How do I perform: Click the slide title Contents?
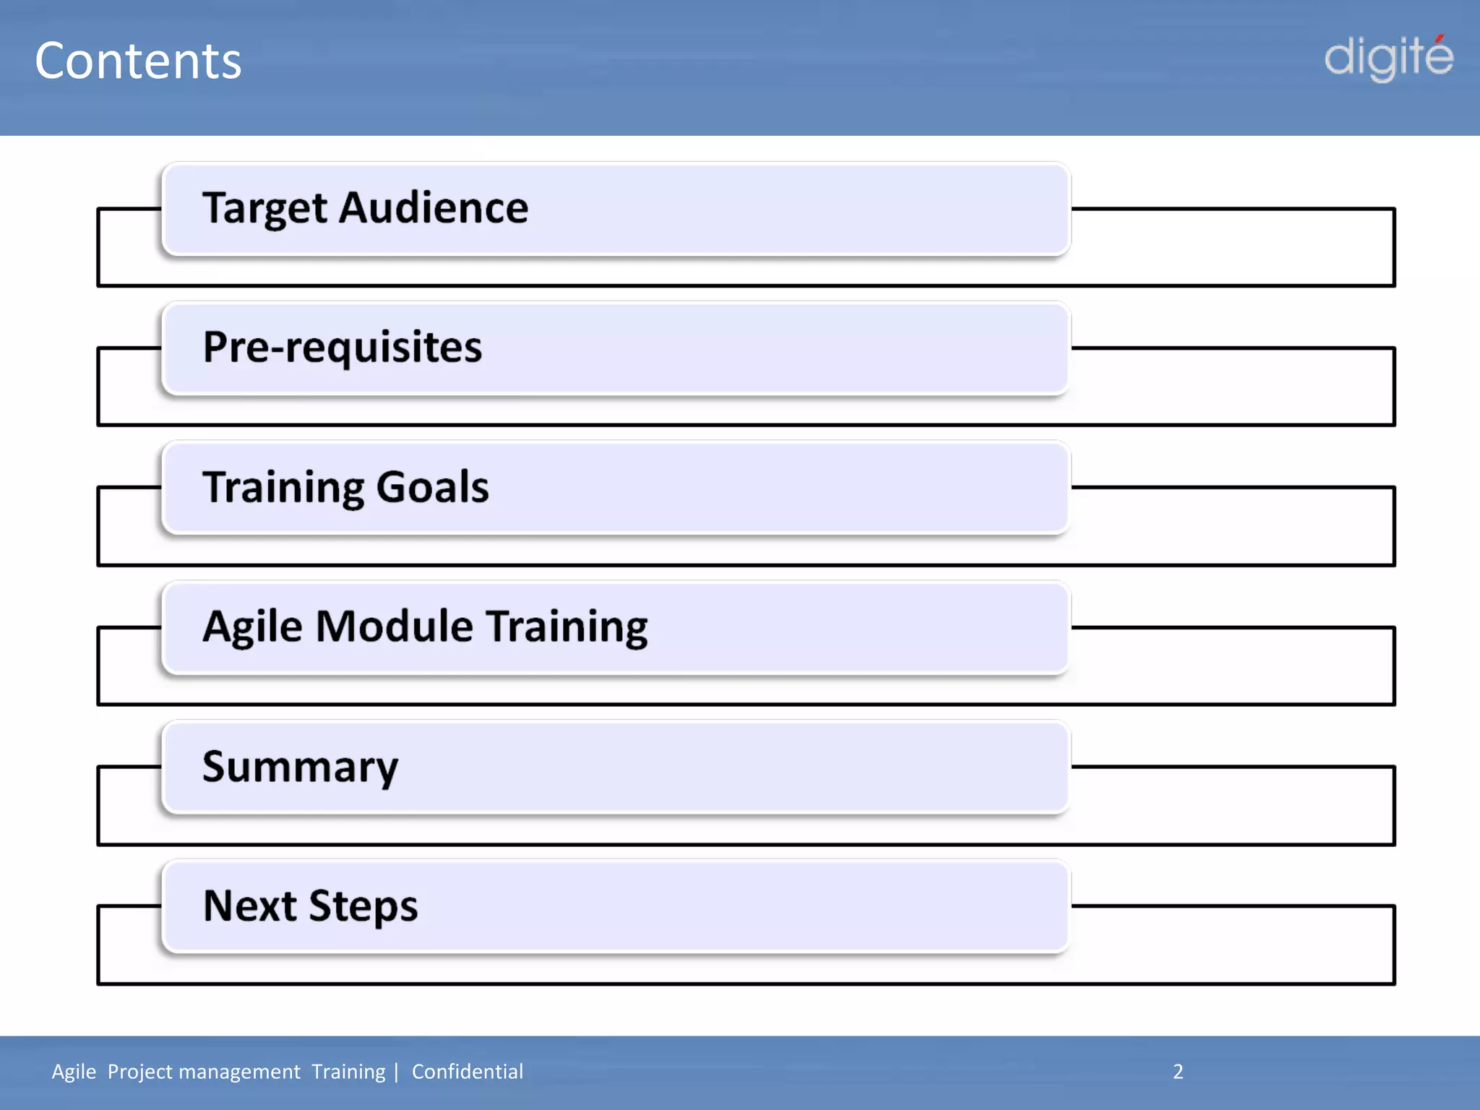[138, 61]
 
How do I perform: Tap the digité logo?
[1388, 58]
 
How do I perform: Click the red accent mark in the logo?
[1440, 39]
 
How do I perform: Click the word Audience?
[434, 208]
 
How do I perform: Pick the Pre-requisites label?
[342, 348]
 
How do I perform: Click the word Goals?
[432, 486]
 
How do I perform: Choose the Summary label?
[300, 767]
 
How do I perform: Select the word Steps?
[363, 907]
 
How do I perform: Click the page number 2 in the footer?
[1178, 1072]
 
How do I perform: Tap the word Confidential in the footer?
[467, 1072]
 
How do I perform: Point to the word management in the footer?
[238, 1072]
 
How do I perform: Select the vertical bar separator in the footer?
[396, 1072]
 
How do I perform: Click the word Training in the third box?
[284, 488]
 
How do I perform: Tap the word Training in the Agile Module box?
[567, 627]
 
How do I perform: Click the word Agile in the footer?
[74, 1072]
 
